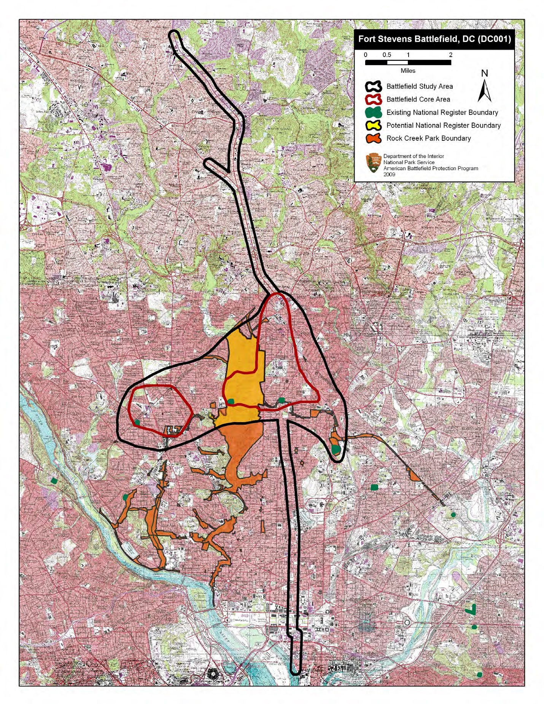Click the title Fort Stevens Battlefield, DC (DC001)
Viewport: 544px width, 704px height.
coord(434,39)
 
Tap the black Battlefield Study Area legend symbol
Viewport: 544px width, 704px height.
coord(373,87)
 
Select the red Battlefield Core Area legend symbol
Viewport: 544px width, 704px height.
coord(373,100)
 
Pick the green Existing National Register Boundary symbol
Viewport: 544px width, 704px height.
coord(373,113)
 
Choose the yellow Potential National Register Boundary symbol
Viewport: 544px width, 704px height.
coord(373,126)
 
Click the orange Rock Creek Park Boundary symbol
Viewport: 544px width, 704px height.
coord(373,139)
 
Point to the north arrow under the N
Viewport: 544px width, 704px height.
coord(484,92)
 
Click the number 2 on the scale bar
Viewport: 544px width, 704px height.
coord(450,55)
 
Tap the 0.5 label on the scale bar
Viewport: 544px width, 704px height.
coord(387,55)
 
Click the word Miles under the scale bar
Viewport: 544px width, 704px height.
coord(408,71)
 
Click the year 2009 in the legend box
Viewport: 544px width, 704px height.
coord(389,174)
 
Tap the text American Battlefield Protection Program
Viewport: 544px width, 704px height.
coord(430,168)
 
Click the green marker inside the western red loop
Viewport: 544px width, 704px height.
coord(137,422)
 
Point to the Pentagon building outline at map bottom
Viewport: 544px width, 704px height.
coord(212,674)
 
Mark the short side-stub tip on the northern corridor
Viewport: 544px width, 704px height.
coord(207,163)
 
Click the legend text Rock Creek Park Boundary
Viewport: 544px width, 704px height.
coord(428,139)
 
